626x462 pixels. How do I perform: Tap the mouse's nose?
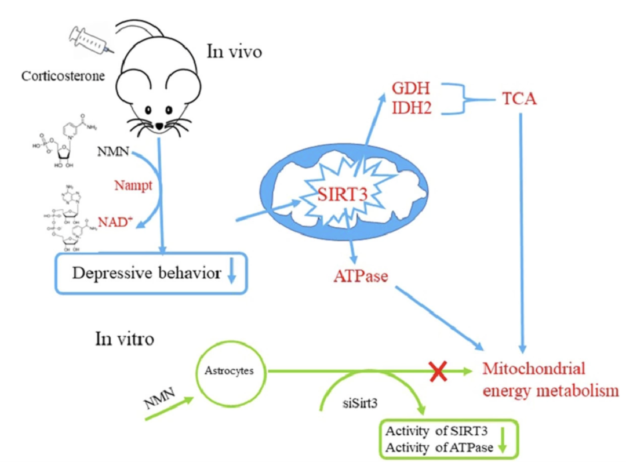159,124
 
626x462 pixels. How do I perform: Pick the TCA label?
519,99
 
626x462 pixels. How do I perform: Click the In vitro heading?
125,339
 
